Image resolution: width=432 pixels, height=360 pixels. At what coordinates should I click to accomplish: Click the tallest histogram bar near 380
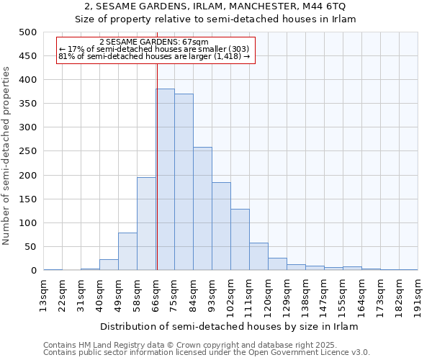(x=165, y=180)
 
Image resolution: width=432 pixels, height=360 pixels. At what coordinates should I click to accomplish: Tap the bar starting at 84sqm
(x=202, y=209)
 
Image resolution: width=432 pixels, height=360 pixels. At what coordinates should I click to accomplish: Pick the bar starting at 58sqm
(x=146, y=224)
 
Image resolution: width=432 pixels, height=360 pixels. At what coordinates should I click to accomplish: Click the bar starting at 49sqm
(x=127, y=251)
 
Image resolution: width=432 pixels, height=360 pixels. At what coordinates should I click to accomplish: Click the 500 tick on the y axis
(x=28, y=32)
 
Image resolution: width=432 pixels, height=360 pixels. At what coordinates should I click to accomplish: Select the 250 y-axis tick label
(x=28, y=151)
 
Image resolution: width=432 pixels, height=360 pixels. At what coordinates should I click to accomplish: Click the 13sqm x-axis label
(x=44, y=294)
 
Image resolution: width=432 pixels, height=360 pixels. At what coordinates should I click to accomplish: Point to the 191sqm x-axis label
(x=418, y=294)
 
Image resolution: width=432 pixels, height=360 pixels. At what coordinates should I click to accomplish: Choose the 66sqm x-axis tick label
(x=156, y=294)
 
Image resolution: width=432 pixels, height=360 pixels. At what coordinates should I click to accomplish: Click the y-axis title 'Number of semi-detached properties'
(x=7, y=156)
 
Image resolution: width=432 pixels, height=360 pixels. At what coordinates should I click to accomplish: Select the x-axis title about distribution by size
(x=229, y=326)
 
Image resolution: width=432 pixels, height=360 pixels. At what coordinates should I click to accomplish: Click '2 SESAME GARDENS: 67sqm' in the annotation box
(x=154, y=42)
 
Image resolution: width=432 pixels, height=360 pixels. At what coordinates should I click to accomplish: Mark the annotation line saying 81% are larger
(x=154, y=56)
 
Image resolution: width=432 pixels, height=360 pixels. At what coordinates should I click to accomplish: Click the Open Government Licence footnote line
(x=207, y=353)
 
